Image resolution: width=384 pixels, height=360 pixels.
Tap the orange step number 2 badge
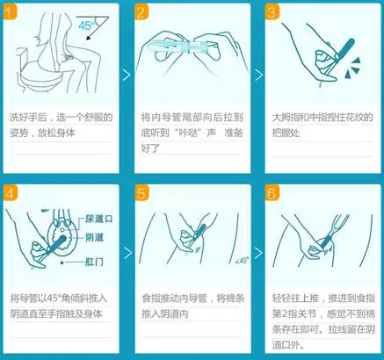click(x=143, y=12)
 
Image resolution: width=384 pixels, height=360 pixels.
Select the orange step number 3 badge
click(x=273, y=12)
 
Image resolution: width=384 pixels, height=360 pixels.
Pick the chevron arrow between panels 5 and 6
click(x=257, y=254)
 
